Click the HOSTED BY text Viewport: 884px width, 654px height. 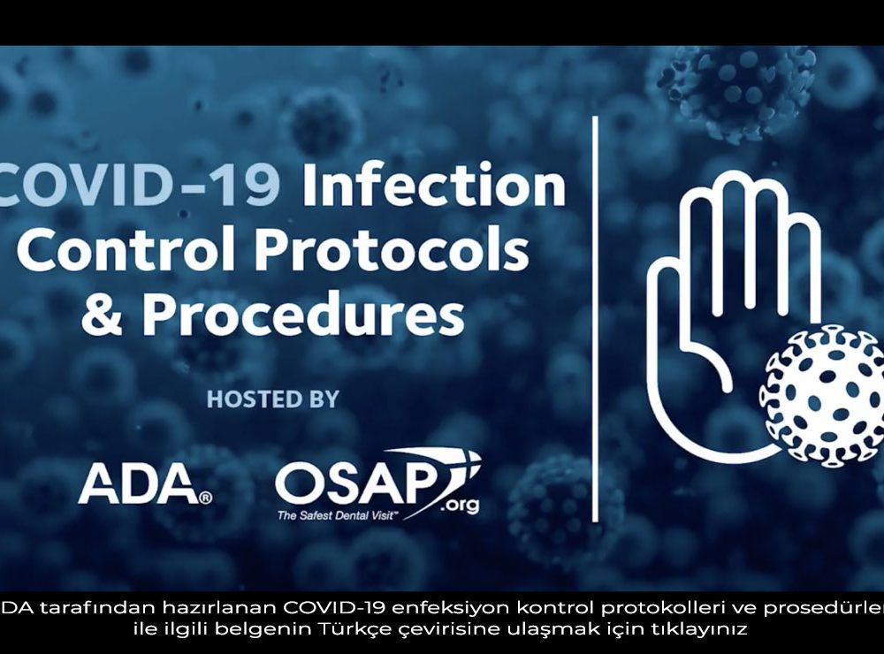(x=273, y=399)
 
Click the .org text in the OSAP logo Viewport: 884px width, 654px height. (x=460, y=504)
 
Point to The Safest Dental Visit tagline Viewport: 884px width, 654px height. (x=338, y=515)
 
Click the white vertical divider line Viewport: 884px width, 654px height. (x=595, y=319)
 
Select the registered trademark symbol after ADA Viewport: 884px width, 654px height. (x=206, y=498)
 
